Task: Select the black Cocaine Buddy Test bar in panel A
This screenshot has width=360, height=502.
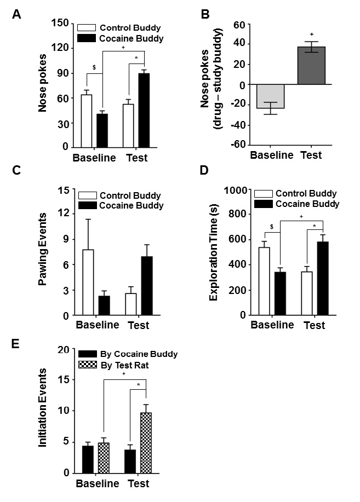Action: (144, 110)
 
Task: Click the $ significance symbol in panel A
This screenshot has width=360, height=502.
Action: (94, 67)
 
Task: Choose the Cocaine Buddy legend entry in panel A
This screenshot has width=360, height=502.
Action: (130, 38)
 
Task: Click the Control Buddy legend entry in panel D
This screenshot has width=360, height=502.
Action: (306, 194)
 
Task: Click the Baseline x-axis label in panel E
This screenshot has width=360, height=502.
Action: (98, 484)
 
